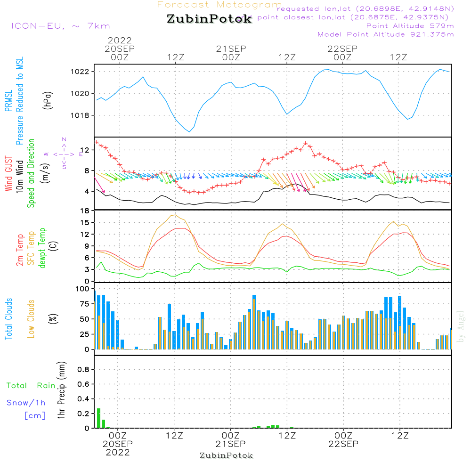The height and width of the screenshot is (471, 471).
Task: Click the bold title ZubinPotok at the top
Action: pyautogui.click(x=209, y=19)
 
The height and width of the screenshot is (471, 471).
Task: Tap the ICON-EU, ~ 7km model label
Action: pyautogui.click(x=60, y=26)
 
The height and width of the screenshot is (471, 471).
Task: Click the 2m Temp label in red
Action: pyautogui.click(x=20, y=250)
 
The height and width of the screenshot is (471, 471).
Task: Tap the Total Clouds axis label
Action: pyautogui.click(x=8, y=319)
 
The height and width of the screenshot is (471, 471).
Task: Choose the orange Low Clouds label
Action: pyautogui.click(x=31, y=319)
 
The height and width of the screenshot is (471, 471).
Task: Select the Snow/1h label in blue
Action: pyautogui.click(x=26, y=403)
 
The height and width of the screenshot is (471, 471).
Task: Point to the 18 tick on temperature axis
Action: pyautogui.click(x=85, y=211)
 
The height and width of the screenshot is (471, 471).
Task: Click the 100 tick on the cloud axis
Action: pyautogui.click(x=82, y=288)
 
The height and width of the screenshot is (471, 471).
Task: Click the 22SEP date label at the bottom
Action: pyautogui.click(x=343, y=444)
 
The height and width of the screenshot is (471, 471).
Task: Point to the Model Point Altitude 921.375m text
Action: pyautogui.click(x=386, y=34)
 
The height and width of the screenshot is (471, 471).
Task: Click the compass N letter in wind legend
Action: pyautogui.click(x=64, y=139)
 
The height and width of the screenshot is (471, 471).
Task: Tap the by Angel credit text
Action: pyautogui.click(x=461, y=326)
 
